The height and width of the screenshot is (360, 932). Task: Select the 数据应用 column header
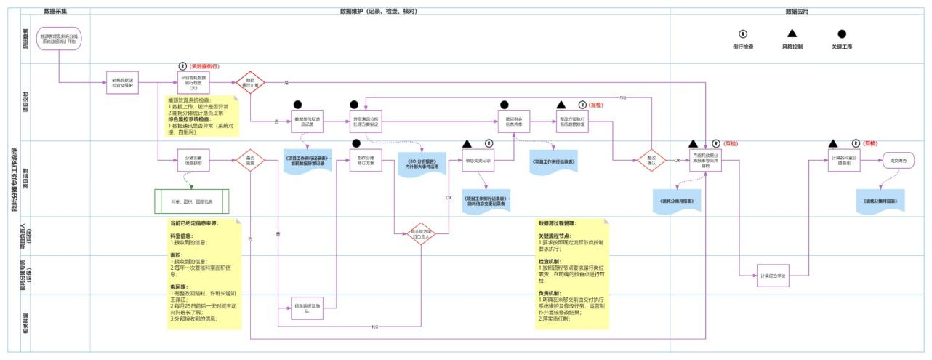(x=798, y=12)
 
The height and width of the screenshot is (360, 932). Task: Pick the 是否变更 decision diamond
(x=250, y=160)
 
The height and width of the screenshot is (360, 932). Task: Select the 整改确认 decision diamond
(x=651, y=160)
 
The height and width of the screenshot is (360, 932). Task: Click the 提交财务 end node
(x=899, y=161)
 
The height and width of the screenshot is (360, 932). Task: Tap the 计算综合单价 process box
(x=773, y=276)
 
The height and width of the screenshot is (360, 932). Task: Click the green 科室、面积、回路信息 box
(x=192, y=201)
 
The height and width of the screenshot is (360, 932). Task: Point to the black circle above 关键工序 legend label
(x=842, y=33)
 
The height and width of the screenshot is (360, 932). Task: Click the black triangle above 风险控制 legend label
(x=792, y=33)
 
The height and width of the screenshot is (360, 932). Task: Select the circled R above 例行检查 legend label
(x=742, y=33)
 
